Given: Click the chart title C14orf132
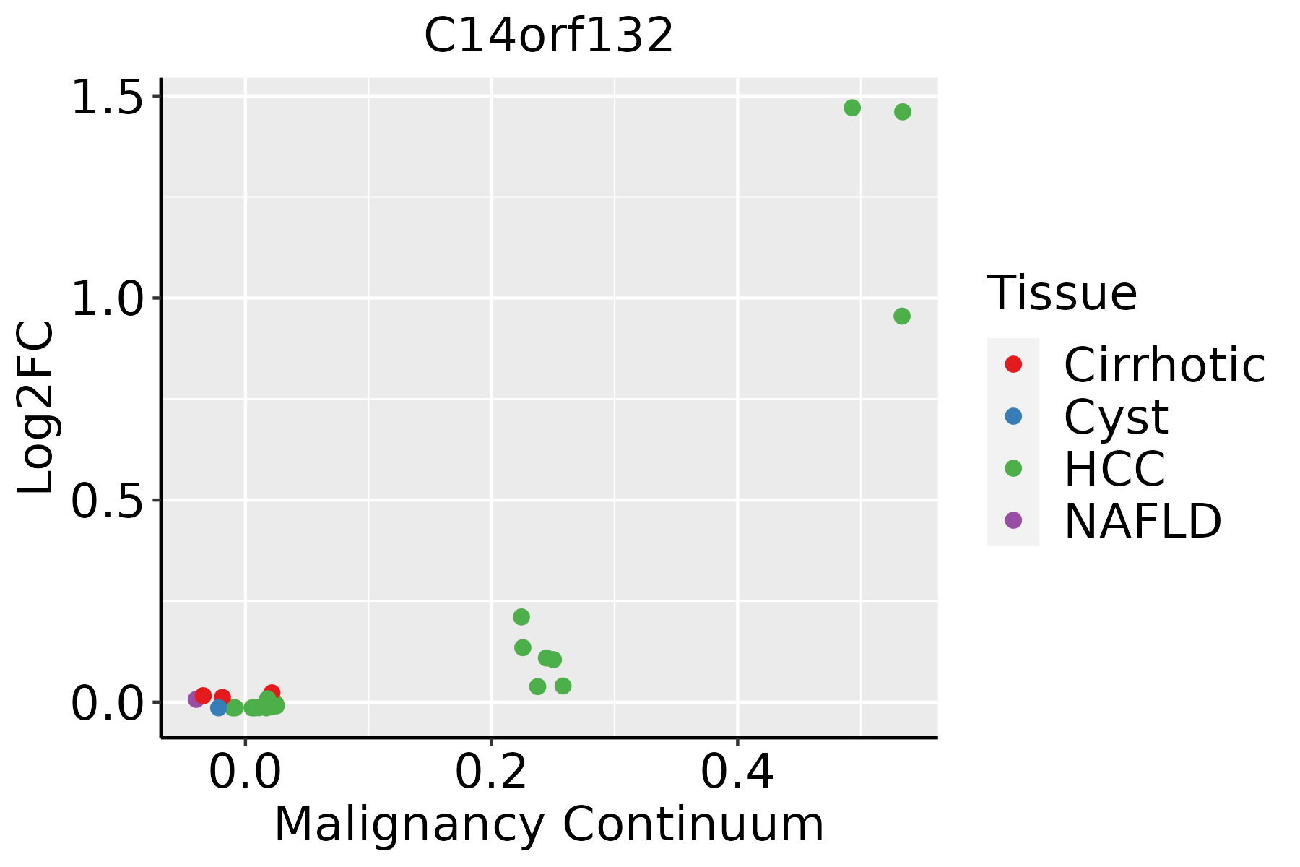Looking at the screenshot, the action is [549, 36].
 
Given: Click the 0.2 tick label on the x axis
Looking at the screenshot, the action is [491, 773].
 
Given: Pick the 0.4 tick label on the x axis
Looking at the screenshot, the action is [737, 773].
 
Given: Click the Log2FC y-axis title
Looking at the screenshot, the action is [36, 408].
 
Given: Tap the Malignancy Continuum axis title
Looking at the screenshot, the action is [549, 825].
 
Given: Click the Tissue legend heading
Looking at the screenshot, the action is [1062, 293].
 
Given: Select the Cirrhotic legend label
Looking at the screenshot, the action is [1164, 365].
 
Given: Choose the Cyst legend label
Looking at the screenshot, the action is [1116, 418].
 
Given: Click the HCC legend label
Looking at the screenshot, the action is [1114, 469].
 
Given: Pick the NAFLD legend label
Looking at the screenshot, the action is [1143, 521].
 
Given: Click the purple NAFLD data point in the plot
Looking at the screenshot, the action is [196, 699].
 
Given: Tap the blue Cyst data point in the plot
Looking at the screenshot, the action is [219, 707].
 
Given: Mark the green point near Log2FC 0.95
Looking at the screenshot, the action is [902, 316].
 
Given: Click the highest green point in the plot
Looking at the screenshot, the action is [852, 108].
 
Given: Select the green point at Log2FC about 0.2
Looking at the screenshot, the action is [521, 617].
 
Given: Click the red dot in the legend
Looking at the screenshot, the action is [1013, 364].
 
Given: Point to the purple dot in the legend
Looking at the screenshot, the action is [1013, 520].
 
